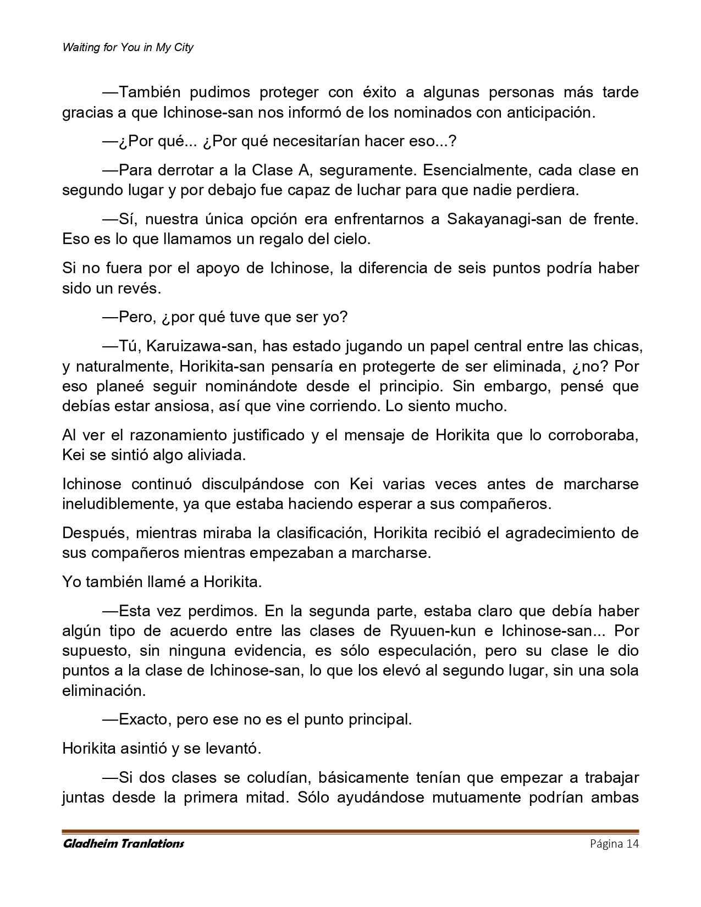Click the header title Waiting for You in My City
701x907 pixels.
[x=128, y=48]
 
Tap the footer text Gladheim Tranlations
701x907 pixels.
[x=123, y=844]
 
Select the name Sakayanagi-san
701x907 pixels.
[x=504, y=219]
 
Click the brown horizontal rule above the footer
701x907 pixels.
[x=350, y=831]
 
